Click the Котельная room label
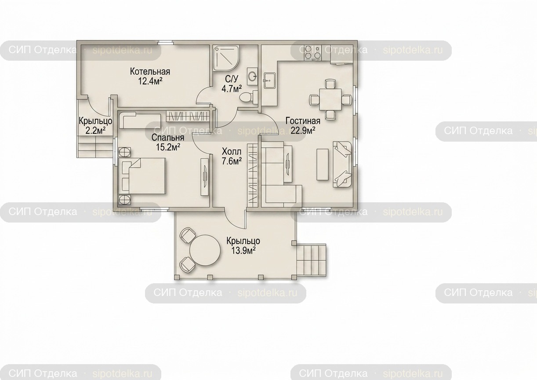pyautogui.click(x=150, y=72)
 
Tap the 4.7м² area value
pyautogui.click(x=231, y=89)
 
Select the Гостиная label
pyautogui.click(x=303, y=121)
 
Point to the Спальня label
pyautogui.click(x=168, y=138)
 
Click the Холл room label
pyautogui.click(x=232, y=152)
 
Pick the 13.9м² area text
pyautogui.click(x=243, y=251)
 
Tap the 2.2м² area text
pyautogui.click(x=95, y=131)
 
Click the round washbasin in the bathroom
pyautogui.click(x=252, y=77)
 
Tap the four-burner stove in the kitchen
pyautogui.click(x=312, y=52)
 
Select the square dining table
pyautogui.click(x=330, y=99)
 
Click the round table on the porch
pyautogui.click(x=205, y=250)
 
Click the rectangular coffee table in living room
pyautogui.click(x=323, y=164)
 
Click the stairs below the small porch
pyautogui.click(x=95, y=147)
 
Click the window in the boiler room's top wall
pyautogui.click(x=166, y=43)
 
